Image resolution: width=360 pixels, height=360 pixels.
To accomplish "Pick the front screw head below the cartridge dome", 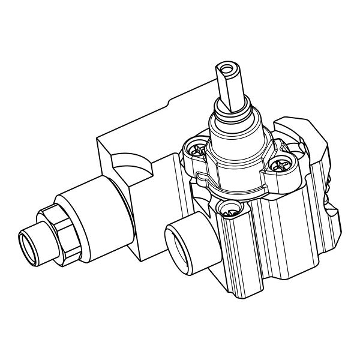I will pyautogui.click(x=228, y=209).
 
